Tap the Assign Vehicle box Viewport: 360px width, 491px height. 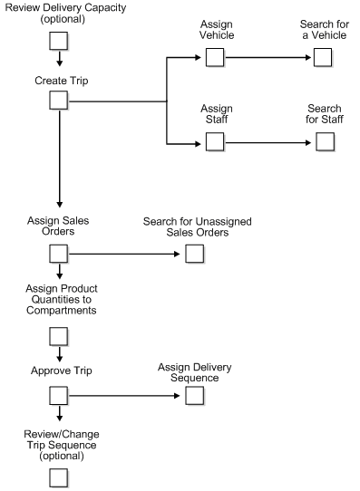point(215,58)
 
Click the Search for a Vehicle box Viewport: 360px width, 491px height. point(324,58)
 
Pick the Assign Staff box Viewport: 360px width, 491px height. point(215,142)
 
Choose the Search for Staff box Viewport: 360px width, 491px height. point(324,142)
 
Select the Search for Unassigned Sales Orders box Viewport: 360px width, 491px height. point(194,253)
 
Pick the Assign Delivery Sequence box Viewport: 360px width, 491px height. point(194,396)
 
